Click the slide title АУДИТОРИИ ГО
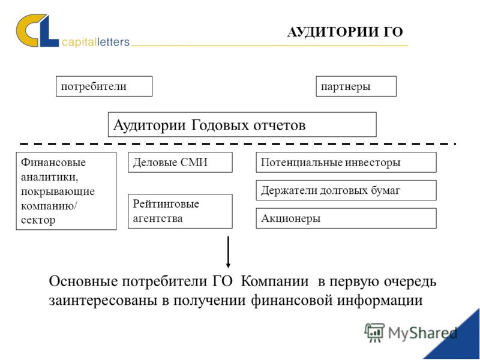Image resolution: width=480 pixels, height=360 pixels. click(x=345, y=32)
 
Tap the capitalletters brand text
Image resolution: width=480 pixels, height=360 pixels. click(x=95, y=42)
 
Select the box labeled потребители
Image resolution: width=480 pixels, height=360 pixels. click(x=104, y=86)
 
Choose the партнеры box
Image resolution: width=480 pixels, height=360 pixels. click(x=356, y=86)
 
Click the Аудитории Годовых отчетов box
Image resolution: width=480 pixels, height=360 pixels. click(x=242, y=125)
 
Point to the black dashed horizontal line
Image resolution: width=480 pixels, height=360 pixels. click(x=238, y=143)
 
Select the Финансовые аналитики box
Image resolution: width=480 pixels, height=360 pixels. click(x=66, y=191)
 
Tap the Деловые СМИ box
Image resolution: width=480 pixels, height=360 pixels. click(x=180, y=162)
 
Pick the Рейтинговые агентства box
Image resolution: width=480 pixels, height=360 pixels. click(x=180, y=211)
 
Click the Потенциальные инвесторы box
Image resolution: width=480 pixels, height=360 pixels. click(x=346, y=162)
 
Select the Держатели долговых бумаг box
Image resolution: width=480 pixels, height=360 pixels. click(x=346, y=190)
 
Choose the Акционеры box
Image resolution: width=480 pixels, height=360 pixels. click(x=346, y=218)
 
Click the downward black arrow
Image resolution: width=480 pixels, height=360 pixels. click(x=228, y=252)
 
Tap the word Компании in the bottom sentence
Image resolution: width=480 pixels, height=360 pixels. click(x=275, y=281)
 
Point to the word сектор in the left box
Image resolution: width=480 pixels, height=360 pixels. click(x=38, y=220)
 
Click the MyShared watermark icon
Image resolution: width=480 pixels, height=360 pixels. click(x=374, y=332)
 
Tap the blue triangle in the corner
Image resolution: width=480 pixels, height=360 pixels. click(x=461, y=342)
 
